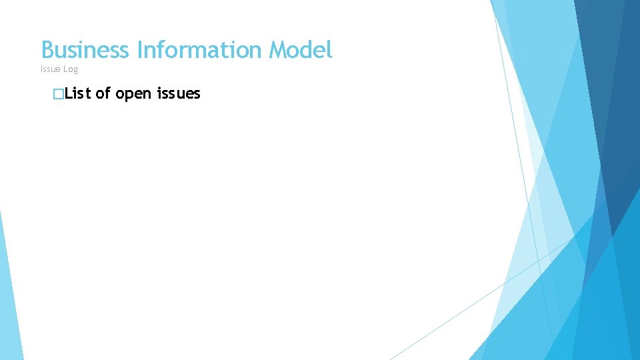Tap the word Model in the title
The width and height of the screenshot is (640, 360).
coord(301,50)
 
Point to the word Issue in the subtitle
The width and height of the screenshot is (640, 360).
coord(50,69)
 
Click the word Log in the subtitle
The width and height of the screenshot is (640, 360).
coord(71,69)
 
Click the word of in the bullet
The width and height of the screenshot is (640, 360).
coord(103,94)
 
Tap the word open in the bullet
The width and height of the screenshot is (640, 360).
coord(134,94)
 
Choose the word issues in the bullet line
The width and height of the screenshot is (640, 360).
coord(179,94)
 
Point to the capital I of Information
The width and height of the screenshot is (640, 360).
coord(139,50)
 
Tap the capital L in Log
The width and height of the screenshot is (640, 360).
coord(65,69)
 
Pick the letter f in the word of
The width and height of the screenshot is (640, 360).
coord(107,94)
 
